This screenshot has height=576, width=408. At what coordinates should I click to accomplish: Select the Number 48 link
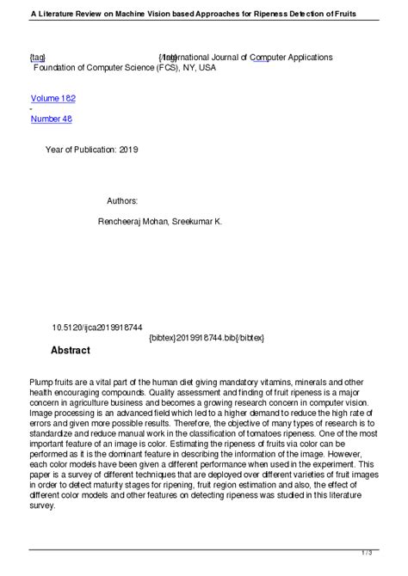(x=51, y=119)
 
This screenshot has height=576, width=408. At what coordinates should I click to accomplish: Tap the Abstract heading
(x=71, y=351)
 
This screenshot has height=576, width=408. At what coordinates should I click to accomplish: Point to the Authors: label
(x=122, y=200)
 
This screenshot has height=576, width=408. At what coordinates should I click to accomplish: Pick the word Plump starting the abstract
(x=40, y=381)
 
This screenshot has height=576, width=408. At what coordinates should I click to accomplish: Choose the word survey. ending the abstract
(x=43, y=506)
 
